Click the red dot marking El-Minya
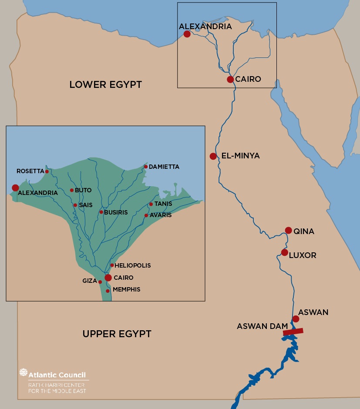point(213,156)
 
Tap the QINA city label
point(304,231)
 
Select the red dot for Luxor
point(284,252)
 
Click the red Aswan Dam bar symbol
point(293,332)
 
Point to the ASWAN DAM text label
point(262,326)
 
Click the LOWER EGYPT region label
point(105,84)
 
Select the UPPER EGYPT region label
point(117,334)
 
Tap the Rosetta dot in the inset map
point(47,171)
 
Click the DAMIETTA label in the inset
point(164,167)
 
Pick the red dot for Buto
point(72,190)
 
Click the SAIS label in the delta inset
point(85,205)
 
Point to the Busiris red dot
point(101,212)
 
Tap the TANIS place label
point(163,204)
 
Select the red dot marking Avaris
point(146,215)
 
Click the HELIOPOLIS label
point(133,265)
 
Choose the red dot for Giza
point(100,282)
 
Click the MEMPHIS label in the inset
point(126,289)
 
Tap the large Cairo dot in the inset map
point(108,278)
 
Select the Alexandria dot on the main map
point(187,34)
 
